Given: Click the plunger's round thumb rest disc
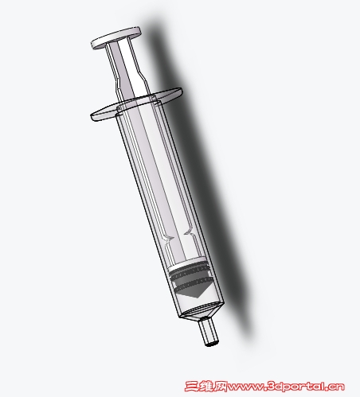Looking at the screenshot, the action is [x=116, y=37].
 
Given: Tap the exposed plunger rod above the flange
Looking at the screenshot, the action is [x=127, y=70].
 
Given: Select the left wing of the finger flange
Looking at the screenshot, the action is [x=104, y=113].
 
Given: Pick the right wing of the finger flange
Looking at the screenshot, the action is [x=170, y=95].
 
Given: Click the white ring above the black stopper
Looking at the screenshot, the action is [x=187, y=263].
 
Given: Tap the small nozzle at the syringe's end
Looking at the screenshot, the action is [x=209, y=332].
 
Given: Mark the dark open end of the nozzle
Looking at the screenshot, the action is [x=212, y=344].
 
